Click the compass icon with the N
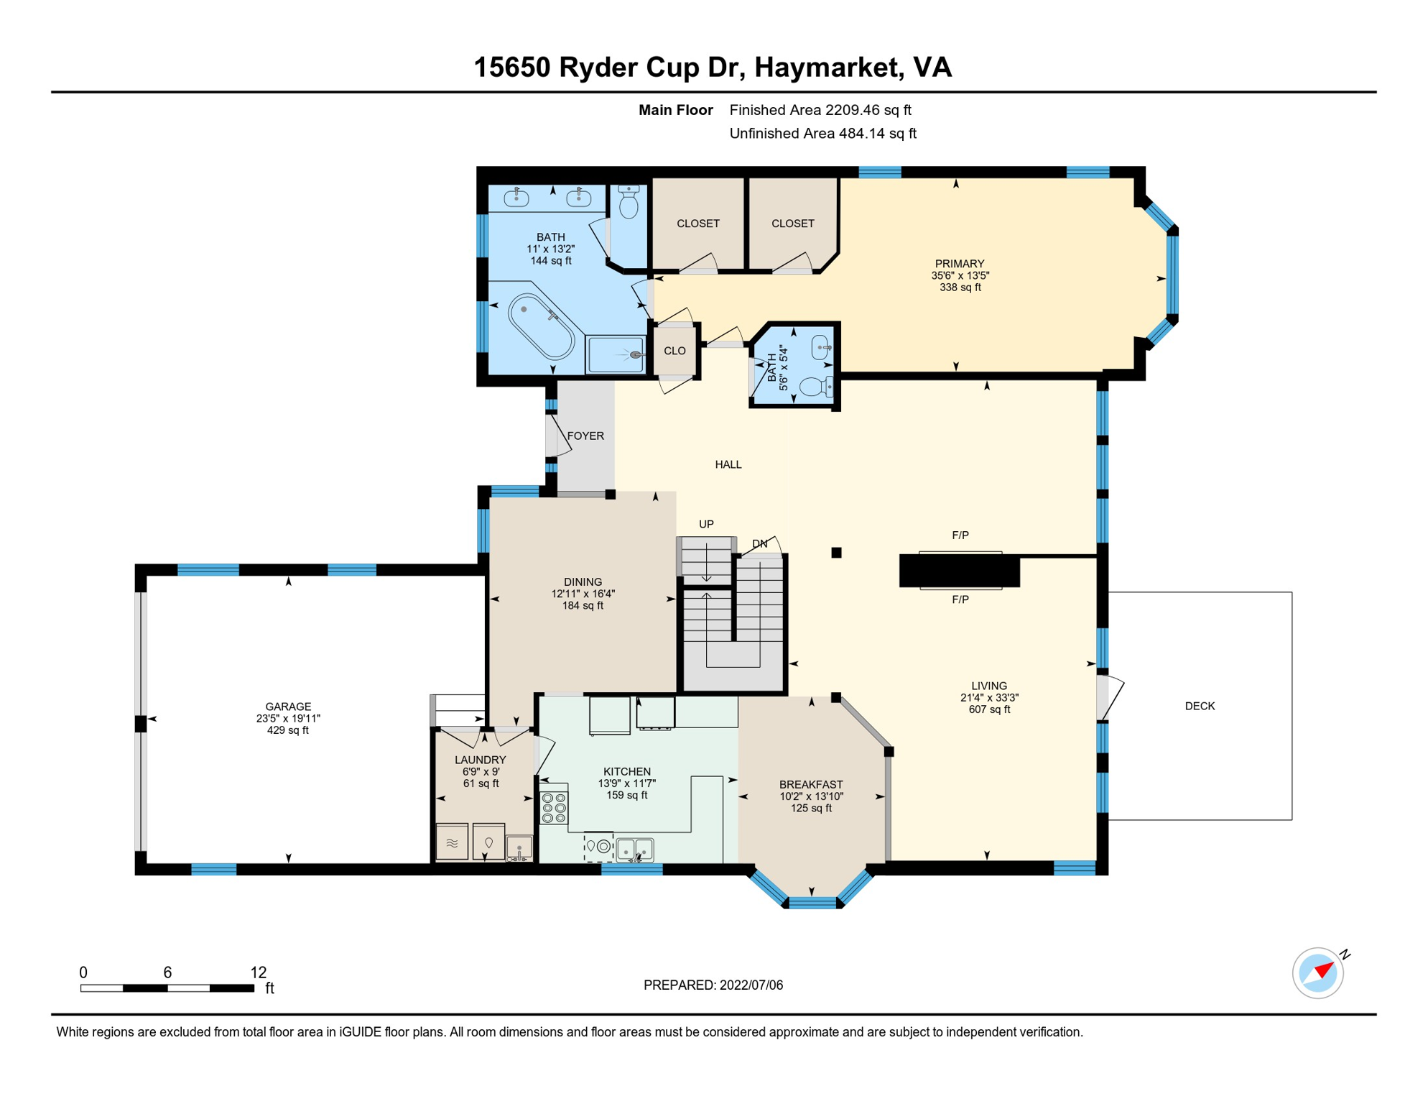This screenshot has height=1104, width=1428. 1318,973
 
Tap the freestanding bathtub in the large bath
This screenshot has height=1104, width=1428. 541,327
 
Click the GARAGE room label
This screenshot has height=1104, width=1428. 288,707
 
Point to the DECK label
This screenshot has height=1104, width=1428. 1200,706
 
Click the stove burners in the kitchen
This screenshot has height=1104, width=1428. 554,808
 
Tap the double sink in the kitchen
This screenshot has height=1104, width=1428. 635,850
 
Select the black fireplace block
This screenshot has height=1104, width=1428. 959,571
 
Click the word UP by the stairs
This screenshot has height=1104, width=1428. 706,524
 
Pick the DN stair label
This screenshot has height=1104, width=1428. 759,543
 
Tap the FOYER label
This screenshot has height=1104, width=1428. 585,436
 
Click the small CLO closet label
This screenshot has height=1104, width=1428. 674,351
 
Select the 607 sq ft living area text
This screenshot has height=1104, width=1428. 989,709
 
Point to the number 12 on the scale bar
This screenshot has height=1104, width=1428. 259,972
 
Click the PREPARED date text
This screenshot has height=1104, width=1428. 713,985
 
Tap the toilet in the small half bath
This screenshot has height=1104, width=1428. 817,386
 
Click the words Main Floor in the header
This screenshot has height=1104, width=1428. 676,110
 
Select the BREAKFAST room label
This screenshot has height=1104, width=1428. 811,784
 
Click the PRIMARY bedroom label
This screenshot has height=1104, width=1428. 960,263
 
